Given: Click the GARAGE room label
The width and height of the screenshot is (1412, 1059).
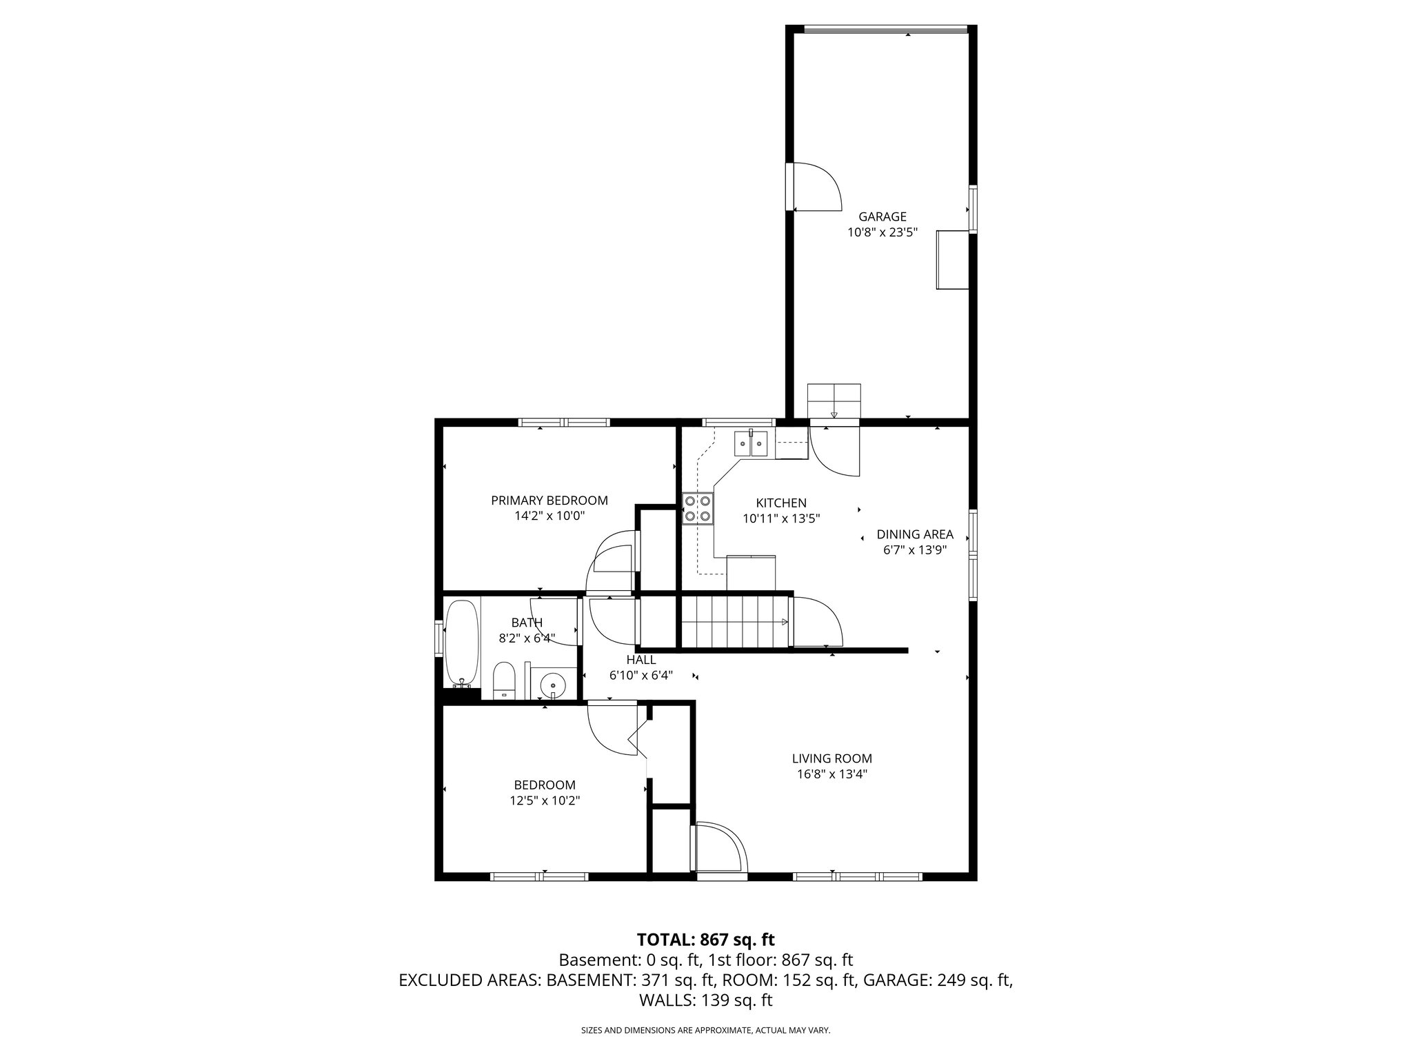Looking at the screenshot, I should coord(882,216).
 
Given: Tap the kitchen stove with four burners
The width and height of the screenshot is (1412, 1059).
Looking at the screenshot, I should coord(697,509).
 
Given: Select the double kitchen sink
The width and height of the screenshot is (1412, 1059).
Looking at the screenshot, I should coord(751,443).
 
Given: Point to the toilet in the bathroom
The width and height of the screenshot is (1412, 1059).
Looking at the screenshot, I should coord(504,680).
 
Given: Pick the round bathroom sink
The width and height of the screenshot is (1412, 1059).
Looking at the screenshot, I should coord(552,686).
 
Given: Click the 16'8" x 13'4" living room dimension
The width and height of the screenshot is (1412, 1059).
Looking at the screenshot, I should coord(831,774).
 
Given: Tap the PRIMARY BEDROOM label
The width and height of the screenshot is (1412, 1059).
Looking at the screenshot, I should coord(549,501).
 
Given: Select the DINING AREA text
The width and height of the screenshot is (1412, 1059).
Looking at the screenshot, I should coord(914,534).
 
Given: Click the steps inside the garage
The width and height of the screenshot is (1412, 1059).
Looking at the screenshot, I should coord(834,401).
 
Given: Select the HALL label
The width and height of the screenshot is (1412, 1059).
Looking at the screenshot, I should coord(641,660).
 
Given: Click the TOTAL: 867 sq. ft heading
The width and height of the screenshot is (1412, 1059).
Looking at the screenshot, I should coord(705,940).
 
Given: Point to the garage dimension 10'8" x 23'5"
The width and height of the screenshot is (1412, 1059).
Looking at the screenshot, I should coord(882,233).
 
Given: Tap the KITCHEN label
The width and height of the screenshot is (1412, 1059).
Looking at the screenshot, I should coord(780,503).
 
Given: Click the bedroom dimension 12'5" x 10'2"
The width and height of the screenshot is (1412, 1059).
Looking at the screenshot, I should coord(544,800).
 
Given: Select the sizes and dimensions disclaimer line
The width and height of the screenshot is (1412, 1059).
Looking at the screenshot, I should coord(705,1031).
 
